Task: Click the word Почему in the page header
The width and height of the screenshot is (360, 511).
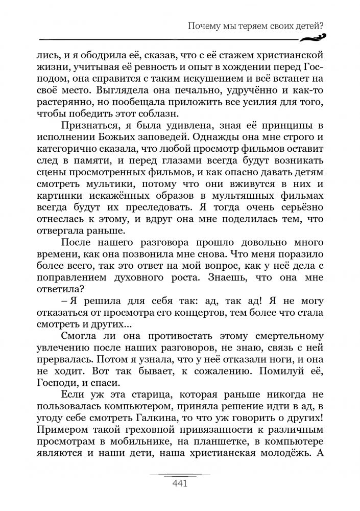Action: (203, 26)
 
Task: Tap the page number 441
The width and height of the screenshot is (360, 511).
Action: (181, 483)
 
